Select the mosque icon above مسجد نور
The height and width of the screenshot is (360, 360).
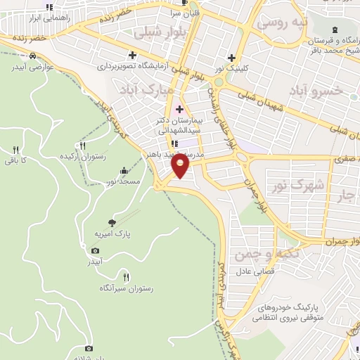click(x=124, y=170)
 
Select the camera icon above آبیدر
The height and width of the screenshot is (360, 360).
click(x=96, y=250)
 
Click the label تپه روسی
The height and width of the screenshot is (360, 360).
click(x=283, y=22)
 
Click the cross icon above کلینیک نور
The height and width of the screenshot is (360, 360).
click(x=231, y=58)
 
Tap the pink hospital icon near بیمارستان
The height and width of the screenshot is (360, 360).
click(x=179, y=109)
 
